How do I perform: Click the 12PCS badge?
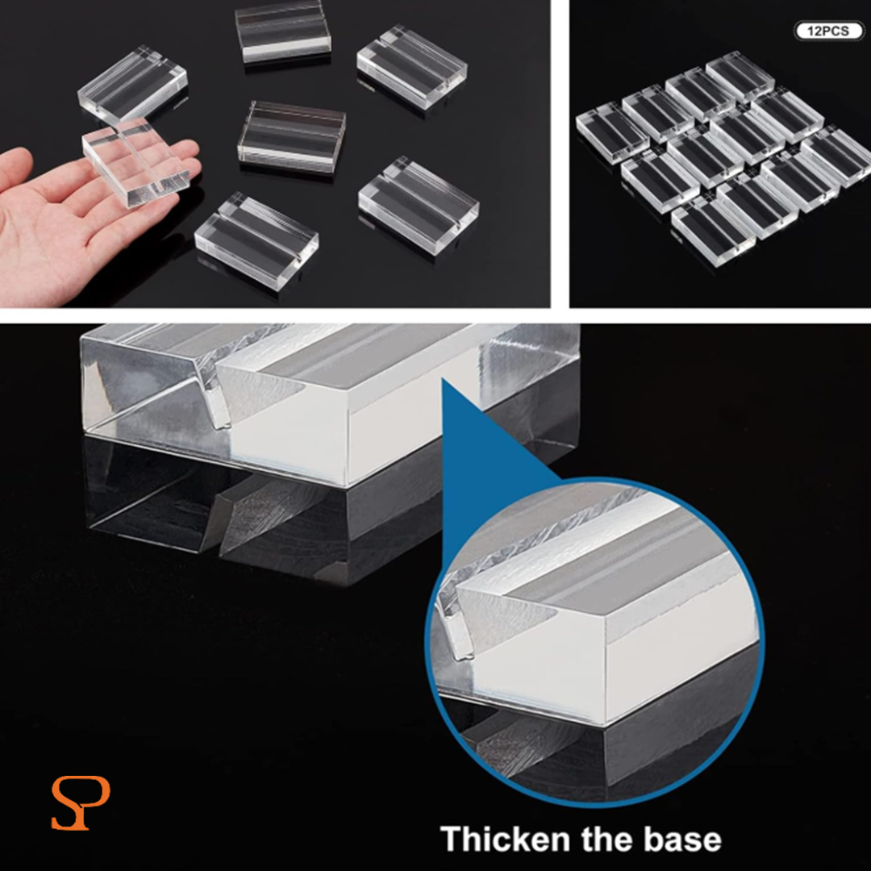(829, 31)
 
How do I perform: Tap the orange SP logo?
(80, 802)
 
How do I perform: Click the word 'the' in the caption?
(607, 839)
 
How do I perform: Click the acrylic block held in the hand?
(136, 161)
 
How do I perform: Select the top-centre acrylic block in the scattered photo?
(283, 31)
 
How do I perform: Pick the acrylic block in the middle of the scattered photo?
(292, 136)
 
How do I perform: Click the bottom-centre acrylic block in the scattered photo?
(256, 240)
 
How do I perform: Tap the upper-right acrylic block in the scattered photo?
(412, 67)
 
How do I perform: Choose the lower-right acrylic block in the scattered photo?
(419, 204)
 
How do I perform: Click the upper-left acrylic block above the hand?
(132, 85)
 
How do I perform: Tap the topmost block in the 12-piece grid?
(740, 76)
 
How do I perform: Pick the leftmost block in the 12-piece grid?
(612, 132)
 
